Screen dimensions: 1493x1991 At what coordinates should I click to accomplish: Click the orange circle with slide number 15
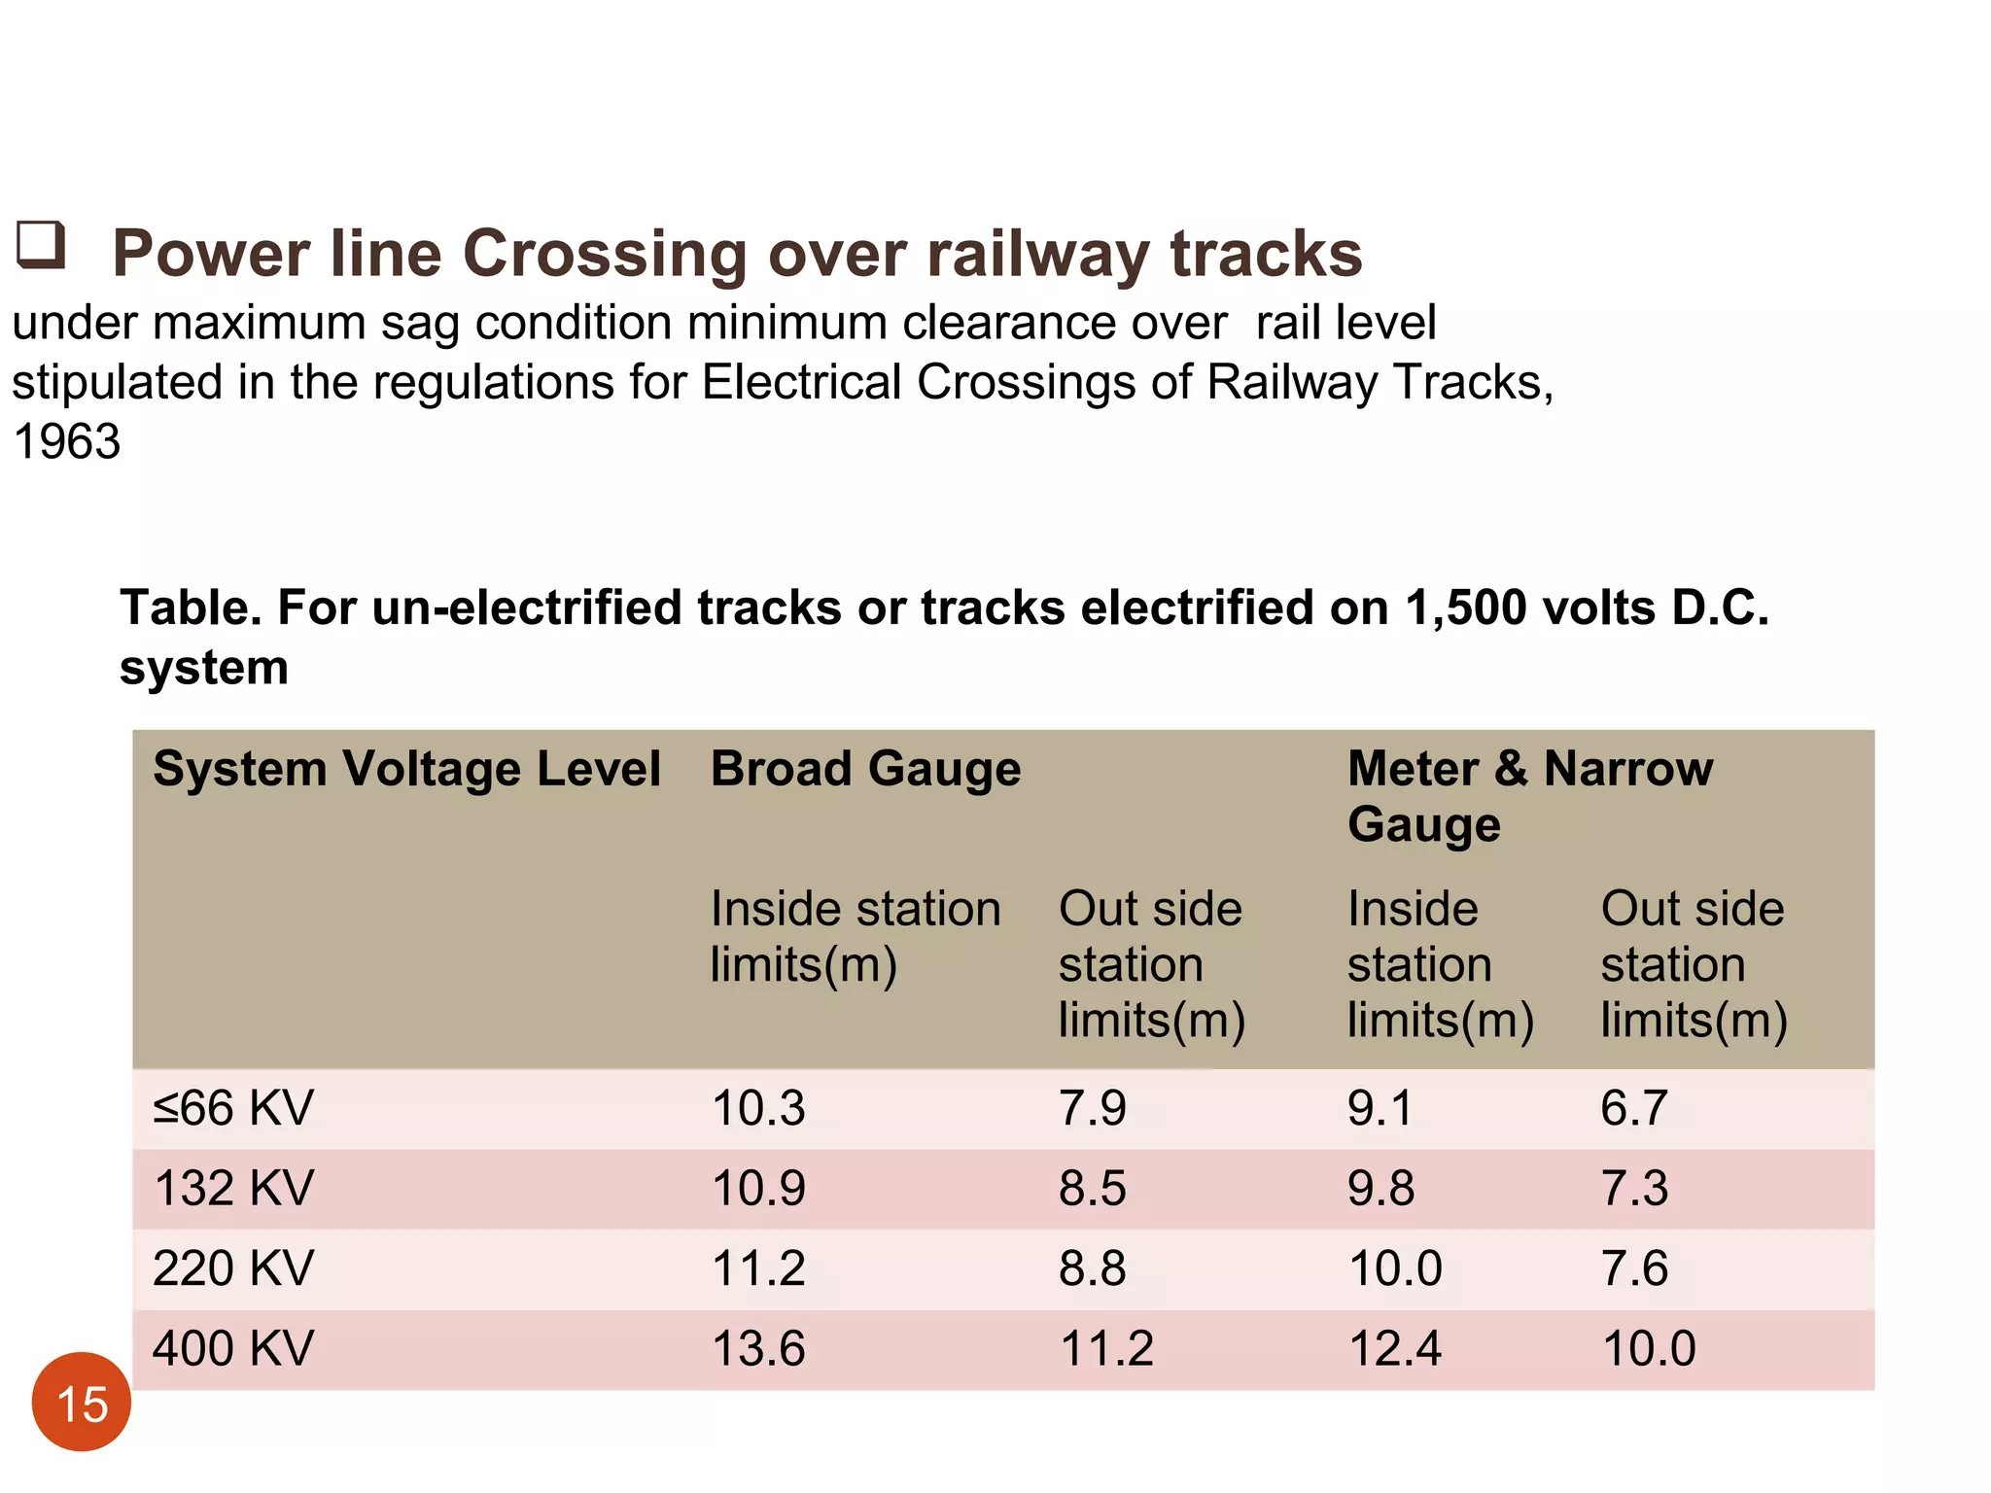(x=82, y=1402)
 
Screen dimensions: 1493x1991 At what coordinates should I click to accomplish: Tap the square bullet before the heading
(x=41, y=244)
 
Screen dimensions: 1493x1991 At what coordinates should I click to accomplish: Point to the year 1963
(x=67, y=441)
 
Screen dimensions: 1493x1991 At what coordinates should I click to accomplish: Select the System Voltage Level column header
(x=406, y=769)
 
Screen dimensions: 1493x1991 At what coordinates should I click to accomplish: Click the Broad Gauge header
(x=865, y=769)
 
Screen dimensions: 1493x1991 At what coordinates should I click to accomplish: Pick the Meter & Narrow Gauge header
(x=1529, y=795)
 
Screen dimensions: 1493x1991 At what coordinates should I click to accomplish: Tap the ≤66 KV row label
(x=233, y=1108)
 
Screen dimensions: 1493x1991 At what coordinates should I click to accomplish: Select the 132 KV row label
(x=233, y=1188)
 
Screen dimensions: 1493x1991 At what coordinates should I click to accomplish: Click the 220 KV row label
(x=233, y=1268)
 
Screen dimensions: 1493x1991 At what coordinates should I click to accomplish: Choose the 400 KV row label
(x=233, y=1349)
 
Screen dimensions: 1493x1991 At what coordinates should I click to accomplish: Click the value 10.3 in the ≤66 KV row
(x=758, y=1108)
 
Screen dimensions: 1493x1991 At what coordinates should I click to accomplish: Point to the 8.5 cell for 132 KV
(x=1092, y=1188)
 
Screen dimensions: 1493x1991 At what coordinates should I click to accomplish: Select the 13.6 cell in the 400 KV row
(x=758, y=1349)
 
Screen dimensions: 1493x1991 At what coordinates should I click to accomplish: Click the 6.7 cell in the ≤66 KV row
(x=1634, y=1108)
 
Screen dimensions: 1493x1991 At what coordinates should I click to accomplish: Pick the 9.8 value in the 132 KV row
(x=1380, y=1188)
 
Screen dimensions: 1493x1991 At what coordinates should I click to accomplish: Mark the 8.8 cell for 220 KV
(x=1092, y=1268)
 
